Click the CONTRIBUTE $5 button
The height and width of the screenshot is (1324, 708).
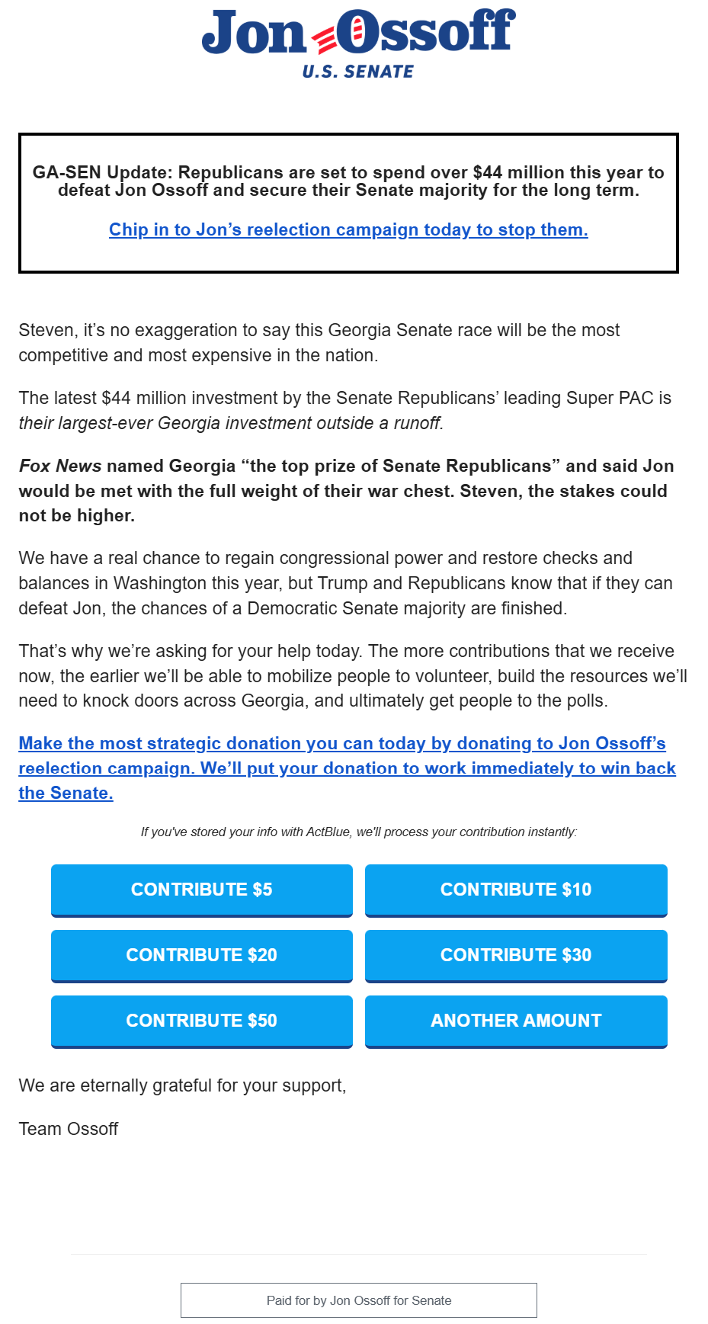click(x=201, y=890)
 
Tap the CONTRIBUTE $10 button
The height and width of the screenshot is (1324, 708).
click(x=516, y=890)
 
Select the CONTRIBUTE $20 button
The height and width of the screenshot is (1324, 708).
click(x=201, y=955)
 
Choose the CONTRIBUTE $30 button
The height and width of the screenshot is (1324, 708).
click(x=516, y=955)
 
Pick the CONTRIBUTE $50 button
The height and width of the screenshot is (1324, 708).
click(x=201, y=1021)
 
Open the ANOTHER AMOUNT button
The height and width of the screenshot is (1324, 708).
click(x=516, y=1021)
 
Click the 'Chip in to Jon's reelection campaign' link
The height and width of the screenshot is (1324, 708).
click(x=348, y=229)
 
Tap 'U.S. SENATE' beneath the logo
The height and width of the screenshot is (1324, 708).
click(x=357, y=72)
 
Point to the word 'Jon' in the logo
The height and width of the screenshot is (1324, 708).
click(x=253, y=34)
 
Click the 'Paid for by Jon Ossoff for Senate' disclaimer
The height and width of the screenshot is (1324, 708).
click(x=359, y=1300)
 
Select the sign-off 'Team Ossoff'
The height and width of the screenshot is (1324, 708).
click(x=69, y=1129)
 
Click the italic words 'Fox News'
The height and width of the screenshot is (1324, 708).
click(x=60, y=466)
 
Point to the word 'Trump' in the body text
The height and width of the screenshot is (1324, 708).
click(x=342, y=583)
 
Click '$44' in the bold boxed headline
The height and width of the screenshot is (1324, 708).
click(x=487, y=172)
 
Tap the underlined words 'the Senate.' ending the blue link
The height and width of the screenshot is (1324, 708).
click(x=66, y=793)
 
